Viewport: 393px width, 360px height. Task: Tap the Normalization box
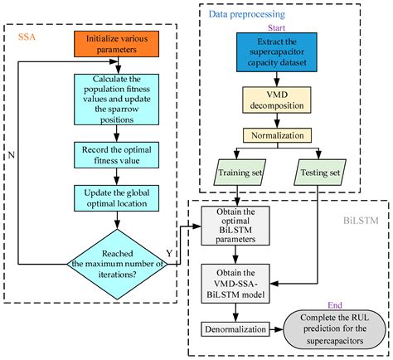274,134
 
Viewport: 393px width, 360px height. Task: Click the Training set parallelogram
238,173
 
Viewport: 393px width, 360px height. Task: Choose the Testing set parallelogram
318,173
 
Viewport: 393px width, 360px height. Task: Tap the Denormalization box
237,330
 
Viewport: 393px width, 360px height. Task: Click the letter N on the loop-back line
11,154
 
